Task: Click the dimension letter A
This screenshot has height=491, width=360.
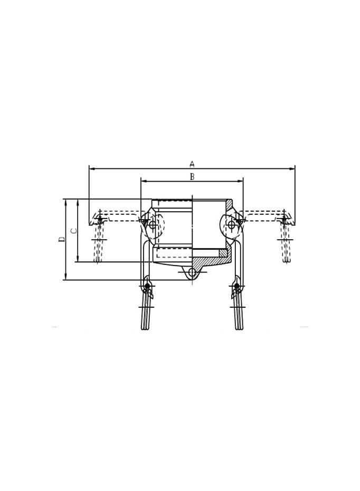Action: pyautogui.click(x=192, y=164)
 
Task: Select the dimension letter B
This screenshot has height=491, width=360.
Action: pyautogui.click(x=192, y=177)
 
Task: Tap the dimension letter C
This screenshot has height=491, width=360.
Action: pyautogui.click(x=74, y=231)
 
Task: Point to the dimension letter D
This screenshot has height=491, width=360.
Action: pyautogui.click(x=62, y=239)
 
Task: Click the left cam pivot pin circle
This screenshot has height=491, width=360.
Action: pyautogui.click(x=153, y=225)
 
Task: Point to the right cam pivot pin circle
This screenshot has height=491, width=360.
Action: pyautogui.click(x=231, y=225)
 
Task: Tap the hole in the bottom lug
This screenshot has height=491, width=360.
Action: pyautogui.click(x=192, y=272)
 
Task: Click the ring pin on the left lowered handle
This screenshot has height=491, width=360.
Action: pyautogui.click(x=147, y=286)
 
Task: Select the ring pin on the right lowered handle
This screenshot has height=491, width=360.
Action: pyautogui.click(x=237, y=286)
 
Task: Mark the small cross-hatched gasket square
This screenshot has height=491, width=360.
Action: pyautogui.click(x=223, y=253)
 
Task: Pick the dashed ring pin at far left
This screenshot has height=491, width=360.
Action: pyautogui.click(x=99, y=219)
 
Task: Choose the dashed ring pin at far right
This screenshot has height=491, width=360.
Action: pyautogui.click(x=284, y=219)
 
